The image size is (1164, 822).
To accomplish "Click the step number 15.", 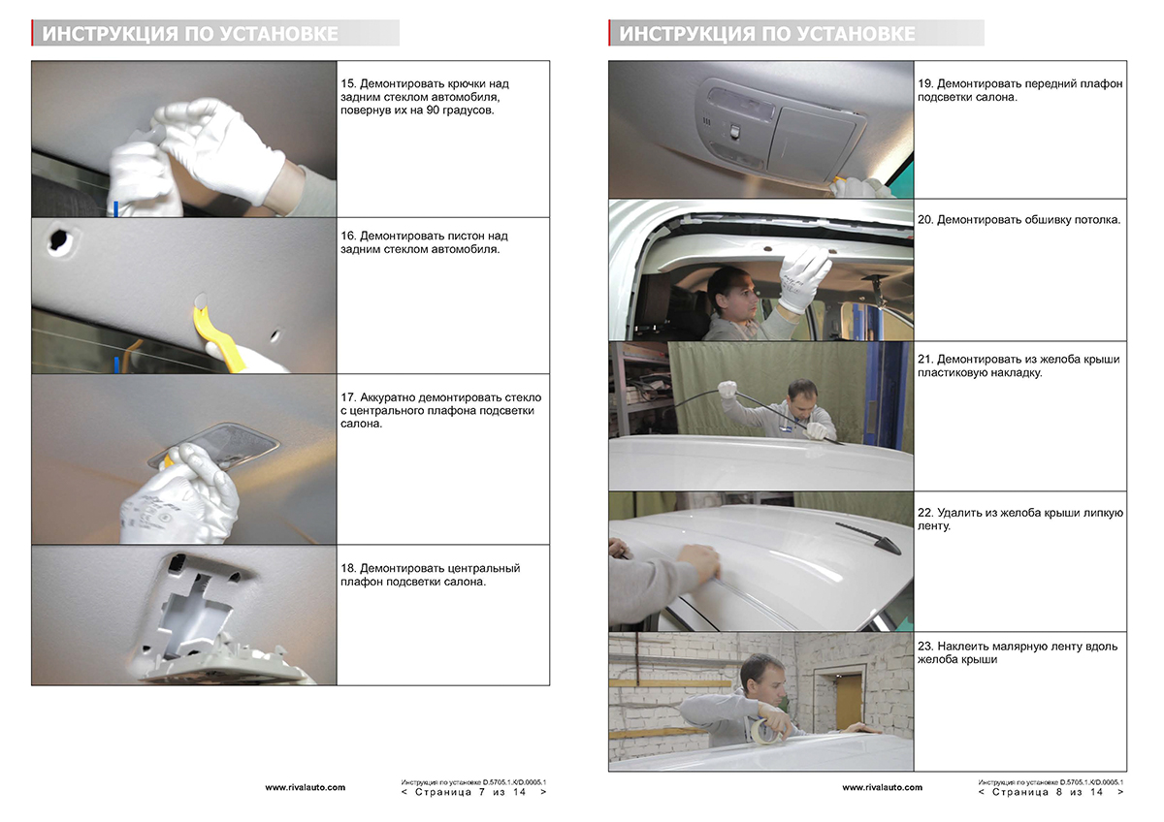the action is pyautogui.click(x=347, y=83).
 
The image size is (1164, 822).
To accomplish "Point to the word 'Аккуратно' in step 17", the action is pyautogui.click(x=387, y=397).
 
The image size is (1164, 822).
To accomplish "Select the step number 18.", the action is pyautogui.click(x=347, y=568).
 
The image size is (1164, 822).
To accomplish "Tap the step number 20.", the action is pyautogui.click(x=925, y=220).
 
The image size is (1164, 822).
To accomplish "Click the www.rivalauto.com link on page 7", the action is pyautogui.click(x=305, y=787).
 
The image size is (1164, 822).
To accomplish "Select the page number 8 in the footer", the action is pyautogui.click(x=1058, y=792).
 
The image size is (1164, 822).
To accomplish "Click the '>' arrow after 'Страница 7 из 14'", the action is pyautogui.click(x=543, y=792).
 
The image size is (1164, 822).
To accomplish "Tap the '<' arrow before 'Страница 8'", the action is pyautogui.click(x=981, y=792).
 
